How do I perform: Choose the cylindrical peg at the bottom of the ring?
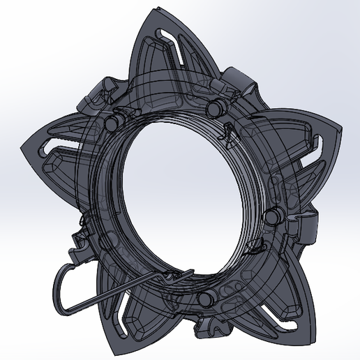coord(205,299)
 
